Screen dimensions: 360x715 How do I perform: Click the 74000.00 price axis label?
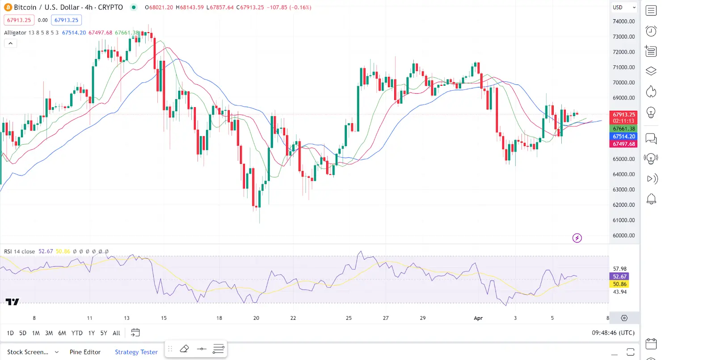(623, 21)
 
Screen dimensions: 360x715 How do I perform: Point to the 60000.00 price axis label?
(623, 235)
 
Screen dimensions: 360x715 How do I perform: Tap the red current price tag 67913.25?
(623, 115)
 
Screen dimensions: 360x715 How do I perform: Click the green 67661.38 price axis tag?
(623, 129)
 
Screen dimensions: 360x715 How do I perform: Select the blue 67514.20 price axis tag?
(623, 136)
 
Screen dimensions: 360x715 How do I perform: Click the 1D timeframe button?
(10, 333)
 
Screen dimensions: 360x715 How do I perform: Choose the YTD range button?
(77, 333)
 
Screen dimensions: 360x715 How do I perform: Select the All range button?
(116, 333)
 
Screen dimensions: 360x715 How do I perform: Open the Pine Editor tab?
(85, 352)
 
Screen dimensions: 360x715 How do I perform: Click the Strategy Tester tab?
(136, 352)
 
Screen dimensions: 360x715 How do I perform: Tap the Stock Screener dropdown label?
(28, 352)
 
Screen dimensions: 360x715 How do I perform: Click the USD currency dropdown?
(624, 8)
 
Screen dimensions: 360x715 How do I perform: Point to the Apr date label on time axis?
(478, 318)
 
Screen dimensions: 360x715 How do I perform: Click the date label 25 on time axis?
(349, 318)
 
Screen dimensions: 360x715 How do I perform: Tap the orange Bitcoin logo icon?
(8, 7)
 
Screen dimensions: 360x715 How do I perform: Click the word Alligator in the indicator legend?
(15, 33)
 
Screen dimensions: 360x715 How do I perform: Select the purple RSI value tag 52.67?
(619, 276)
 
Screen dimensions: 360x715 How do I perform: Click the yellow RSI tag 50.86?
(619, 284)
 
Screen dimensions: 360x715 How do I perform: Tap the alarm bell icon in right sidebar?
(651, 199)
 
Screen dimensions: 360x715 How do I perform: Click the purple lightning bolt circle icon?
(577, 238)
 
